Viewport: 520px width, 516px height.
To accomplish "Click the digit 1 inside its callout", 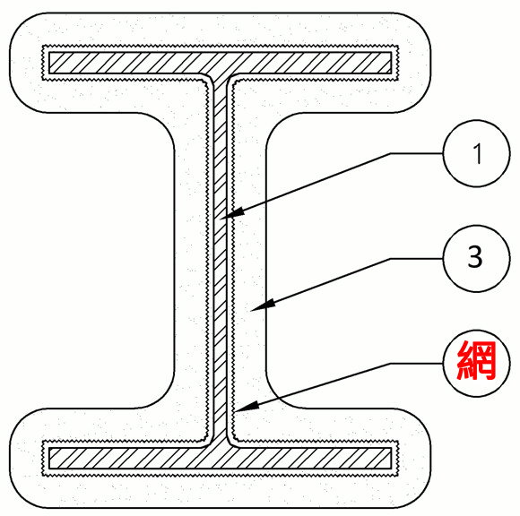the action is pos(478,153).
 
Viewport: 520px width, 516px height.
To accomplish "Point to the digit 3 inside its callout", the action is pos(475,257).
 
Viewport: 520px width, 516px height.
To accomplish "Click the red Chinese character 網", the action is pos(477,360).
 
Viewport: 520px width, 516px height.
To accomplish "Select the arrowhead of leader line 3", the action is pos(262,305).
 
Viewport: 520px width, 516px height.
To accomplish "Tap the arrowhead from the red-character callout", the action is pos(246,407).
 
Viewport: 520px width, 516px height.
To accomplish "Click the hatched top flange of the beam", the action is pos(221,63).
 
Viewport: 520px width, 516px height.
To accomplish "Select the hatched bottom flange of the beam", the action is pos(221,459).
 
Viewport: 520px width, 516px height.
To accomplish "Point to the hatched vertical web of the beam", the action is pos(221,261).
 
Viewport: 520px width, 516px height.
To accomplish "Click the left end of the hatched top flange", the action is pos(49,63).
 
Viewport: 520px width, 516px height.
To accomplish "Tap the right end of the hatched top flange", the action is pos(391,63).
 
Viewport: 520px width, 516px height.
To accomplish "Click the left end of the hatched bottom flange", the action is pos(49,459).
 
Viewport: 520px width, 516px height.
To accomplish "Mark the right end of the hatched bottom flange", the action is pos(391,459).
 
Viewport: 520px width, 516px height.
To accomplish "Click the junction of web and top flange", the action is pos(221,74).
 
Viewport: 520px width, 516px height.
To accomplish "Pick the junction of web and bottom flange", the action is pos(221,447).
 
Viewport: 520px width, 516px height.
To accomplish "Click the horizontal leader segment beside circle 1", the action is pos(416,153).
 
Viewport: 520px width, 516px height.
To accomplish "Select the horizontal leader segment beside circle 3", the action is pos(416,259).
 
